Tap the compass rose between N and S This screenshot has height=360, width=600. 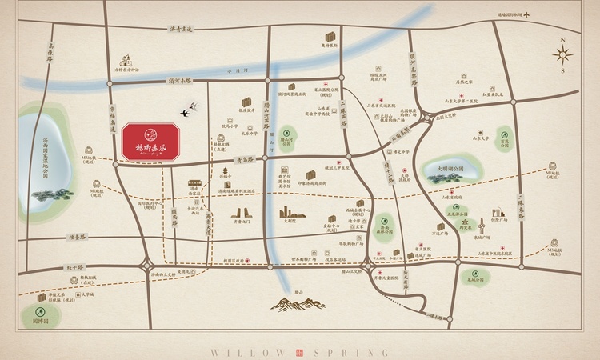[563, 55]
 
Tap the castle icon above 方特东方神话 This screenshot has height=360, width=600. [126, 60]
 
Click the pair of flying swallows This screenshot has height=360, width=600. [190, 110]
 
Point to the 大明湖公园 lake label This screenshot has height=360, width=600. [450, 170]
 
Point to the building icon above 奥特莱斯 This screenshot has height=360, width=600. [330, 38]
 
